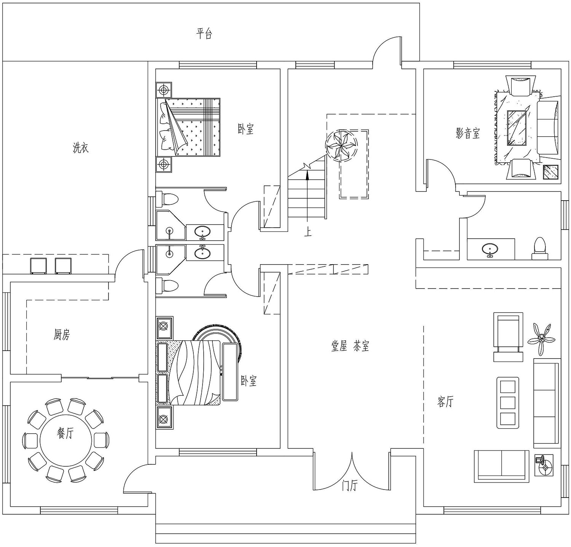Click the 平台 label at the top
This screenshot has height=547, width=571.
point(204,34)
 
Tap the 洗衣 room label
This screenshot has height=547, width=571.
point(81,148)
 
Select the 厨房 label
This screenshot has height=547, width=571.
point(62,335)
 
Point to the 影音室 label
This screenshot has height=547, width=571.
point(468,134)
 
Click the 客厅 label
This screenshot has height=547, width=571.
point(445,402)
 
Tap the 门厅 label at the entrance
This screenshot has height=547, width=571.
point(349,486)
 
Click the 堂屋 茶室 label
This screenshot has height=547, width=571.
point(350,346)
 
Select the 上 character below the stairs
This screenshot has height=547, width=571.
point(308,231)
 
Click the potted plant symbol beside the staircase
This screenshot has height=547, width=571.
point(341,146)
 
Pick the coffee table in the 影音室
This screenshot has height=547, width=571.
point(517,128)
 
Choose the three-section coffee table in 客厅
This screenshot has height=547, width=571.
point(507,403)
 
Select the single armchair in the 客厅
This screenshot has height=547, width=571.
point(508,337)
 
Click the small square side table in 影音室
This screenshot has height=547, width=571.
point(550,172)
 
